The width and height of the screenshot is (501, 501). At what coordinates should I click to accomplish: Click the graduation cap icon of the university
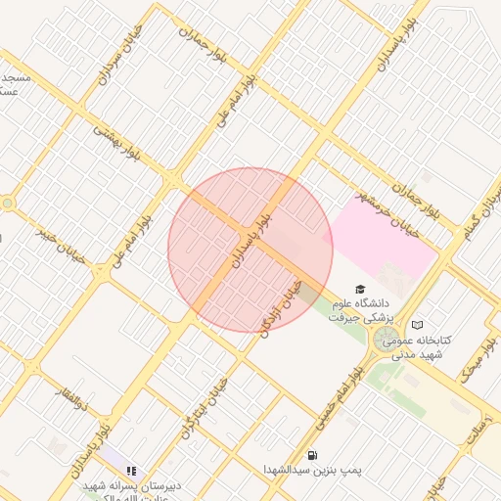pos(359,290)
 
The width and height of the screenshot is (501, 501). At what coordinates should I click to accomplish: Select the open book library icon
pos(418,324)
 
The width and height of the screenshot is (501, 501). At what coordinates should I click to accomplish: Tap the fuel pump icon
pos(312,454)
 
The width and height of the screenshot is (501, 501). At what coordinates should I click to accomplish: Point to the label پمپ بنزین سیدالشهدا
pos(312,471)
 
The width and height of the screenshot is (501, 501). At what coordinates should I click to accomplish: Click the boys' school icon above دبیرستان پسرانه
pos(131,471)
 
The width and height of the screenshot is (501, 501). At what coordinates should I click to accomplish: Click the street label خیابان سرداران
pos(115,61)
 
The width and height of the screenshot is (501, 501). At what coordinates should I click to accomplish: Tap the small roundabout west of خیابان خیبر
pos(8,204)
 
